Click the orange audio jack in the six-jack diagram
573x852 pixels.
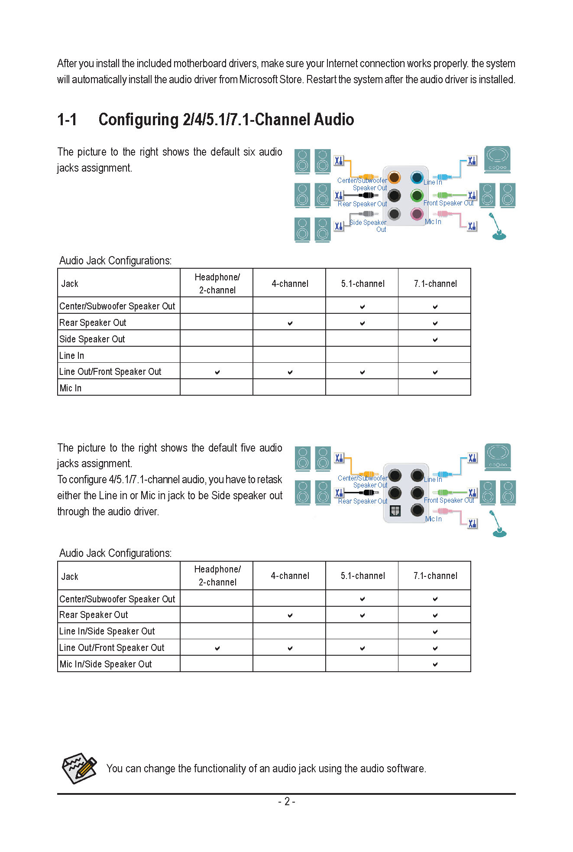point(394,177)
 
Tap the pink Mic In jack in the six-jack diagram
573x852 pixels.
point(417,214)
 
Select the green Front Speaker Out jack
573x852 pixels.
point(417,195)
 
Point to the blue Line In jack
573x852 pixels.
point(417,177)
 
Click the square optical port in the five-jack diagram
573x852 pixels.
point(395,511)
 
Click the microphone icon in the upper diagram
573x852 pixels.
point(498,226)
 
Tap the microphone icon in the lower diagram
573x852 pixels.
point(499,524)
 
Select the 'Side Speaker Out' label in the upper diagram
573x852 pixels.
point(368,226)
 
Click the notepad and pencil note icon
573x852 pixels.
point(79,768)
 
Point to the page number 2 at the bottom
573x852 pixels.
point(287,801)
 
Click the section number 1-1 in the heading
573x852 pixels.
point(67,120)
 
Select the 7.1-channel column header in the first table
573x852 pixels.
point(435,284)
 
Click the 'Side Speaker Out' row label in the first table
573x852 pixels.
point(92,339)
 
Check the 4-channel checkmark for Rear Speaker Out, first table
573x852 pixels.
point(290,323)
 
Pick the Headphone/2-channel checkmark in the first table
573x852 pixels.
point(217,372)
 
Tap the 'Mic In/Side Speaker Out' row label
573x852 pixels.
point(106,664)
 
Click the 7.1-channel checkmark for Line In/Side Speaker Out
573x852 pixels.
point(435,632)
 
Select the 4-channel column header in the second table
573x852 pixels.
point(290,576)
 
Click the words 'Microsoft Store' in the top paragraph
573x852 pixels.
point(271,80)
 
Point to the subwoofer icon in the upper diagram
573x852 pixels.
point(497,159)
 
